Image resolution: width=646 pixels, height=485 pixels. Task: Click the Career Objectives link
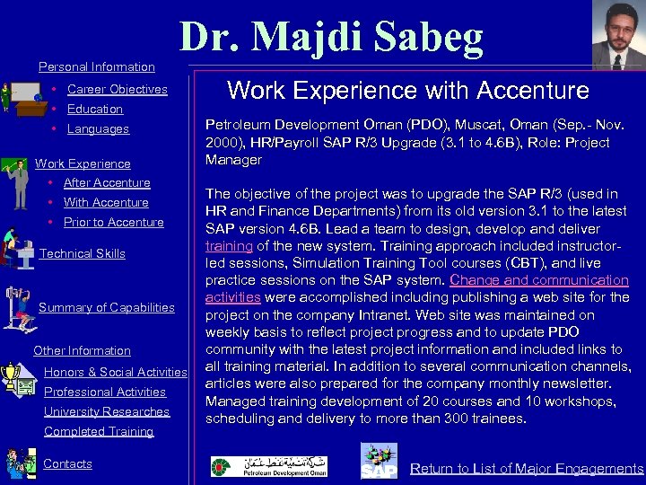tap(117, 90)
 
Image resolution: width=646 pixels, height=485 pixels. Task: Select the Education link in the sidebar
tap(94, 110)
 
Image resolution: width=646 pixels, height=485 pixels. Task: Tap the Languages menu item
tap(98, 129)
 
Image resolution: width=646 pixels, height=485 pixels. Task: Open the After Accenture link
tap(107, 183)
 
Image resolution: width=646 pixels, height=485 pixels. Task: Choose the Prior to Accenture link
tap(113, 223)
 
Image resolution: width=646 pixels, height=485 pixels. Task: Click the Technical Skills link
tap(83, 254)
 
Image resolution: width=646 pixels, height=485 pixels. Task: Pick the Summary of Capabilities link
tap(107, 308)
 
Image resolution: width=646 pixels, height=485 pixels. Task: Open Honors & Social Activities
tap(115, 372)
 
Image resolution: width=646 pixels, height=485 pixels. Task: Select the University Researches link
tap(107, 412)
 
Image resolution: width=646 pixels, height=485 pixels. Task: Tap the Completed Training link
tap(99, 432)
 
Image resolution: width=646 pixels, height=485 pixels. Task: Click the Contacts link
tap(67, 464)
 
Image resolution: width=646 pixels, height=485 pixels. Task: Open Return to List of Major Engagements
tap(527, 469)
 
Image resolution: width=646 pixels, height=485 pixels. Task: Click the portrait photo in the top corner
tap(618, 35)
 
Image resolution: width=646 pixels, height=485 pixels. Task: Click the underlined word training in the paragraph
tap(229, 246)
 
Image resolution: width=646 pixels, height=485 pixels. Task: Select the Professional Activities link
tap(105, 392)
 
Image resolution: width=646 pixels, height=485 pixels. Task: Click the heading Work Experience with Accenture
tap(408, 91)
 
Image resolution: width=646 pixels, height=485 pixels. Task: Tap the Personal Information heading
tap(97, 67)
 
